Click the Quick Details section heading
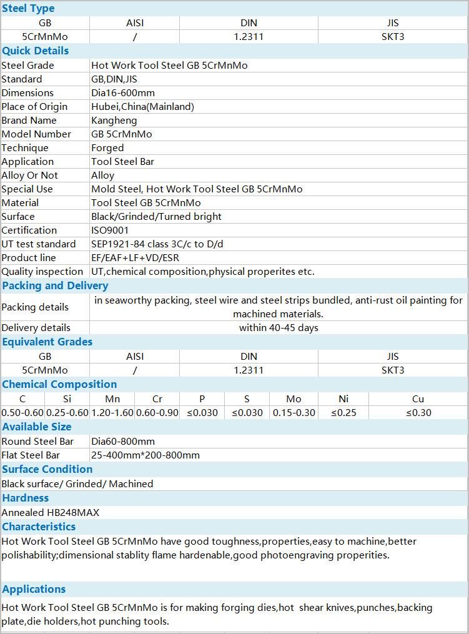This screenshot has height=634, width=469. coord(36,51)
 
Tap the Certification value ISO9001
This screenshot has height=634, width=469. coord(110,230)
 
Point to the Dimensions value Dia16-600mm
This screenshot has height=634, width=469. coord(122,93)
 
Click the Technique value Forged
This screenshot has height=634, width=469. coord(107,148)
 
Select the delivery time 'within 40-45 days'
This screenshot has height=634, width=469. coord(279,328)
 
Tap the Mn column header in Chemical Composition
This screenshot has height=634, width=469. coord(112,399)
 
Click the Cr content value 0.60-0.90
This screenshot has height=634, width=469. coord(157,413)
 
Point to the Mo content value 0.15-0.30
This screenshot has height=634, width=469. coord(294,413)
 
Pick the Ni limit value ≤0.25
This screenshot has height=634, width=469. coord(343,413)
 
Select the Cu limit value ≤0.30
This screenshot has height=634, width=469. coord(418,413)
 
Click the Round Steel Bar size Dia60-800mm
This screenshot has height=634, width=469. coord(123,442)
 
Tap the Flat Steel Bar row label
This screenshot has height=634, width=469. coord(31,455)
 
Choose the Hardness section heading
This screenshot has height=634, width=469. coord(26,498)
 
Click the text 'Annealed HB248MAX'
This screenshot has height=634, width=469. coord(51,513)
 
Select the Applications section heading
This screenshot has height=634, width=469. coord(34,589)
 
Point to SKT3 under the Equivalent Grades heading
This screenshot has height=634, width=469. coord(393,370)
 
